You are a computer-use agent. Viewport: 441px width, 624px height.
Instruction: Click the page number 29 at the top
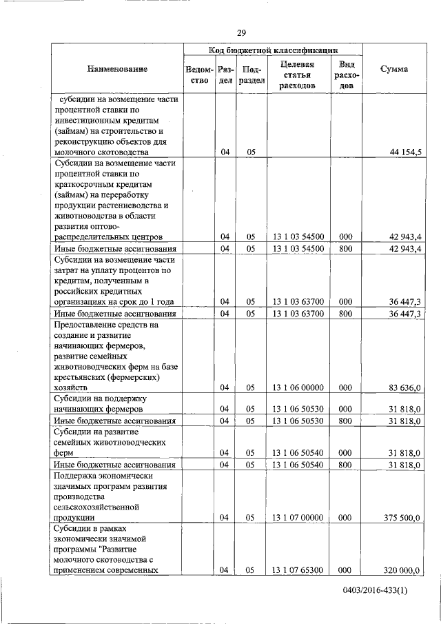pos(241,33)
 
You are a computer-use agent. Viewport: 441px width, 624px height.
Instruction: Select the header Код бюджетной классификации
pos(273,50)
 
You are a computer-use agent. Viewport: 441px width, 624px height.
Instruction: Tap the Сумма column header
pos(393,70)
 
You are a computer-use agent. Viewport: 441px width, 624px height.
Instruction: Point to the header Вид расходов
pos(347,74)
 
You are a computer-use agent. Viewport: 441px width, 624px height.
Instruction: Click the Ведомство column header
pos(198,74)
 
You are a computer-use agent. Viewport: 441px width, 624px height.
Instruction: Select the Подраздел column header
pos(252,74)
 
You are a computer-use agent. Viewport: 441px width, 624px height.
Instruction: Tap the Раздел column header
pos(225,74)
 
